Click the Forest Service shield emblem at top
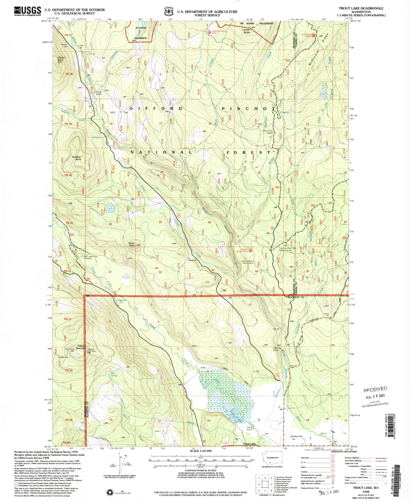click(169, 12)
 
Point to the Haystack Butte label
click(76, 158)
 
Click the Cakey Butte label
click(132, 244)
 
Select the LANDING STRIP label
click(297, 436)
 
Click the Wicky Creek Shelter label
click(267, 132)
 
